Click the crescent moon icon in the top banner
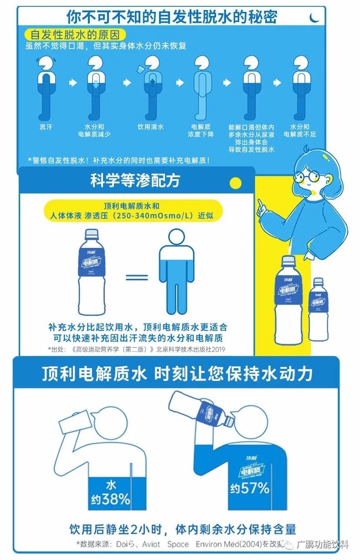[314, 17]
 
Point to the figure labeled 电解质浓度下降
[201, 87]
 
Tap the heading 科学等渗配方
[135, 181]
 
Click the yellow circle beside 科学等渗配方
[235, 183]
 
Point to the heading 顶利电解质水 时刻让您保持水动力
[177, 374]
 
